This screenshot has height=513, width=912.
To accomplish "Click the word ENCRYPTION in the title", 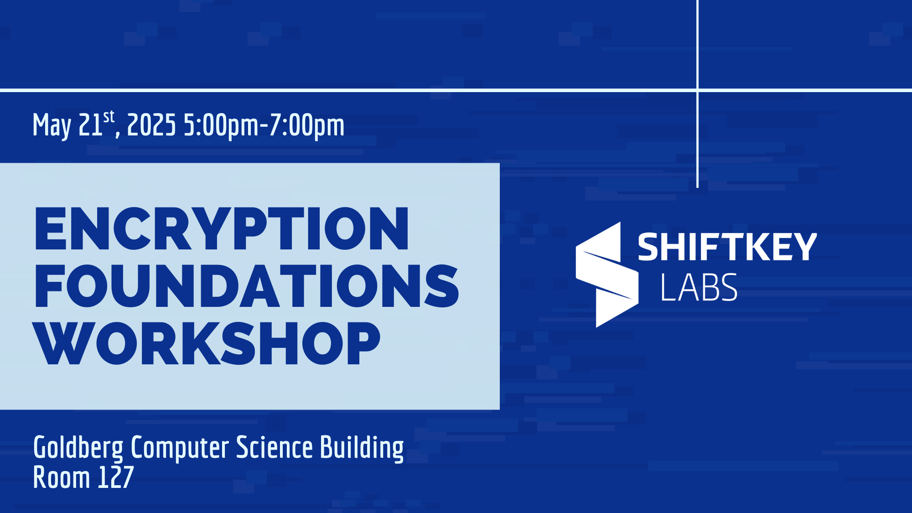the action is point(222,228).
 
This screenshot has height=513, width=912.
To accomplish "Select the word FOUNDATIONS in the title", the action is point(247,286).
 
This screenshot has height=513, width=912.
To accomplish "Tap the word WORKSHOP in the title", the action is point(207,343).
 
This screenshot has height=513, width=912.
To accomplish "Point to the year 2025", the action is point(151,124).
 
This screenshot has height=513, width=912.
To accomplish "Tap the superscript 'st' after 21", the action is point(109,117).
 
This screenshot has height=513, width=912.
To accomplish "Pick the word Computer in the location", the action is point(180,448).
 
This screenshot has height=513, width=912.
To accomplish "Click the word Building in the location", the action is point(362,448).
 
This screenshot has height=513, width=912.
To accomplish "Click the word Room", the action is point(62,477).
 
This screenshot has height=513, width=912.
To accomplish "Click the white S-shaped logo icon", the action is point(607,275).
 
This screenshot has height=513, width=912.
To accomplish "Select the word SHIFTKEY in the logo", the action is point(727,247).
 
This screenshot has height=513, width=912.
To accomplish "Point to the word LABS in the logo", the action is point(699,287).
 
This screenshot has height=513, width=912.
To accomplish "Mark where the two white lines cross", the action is point(698,90).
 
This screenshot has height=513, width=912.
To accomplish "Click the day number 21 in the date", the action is point(90,124).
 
